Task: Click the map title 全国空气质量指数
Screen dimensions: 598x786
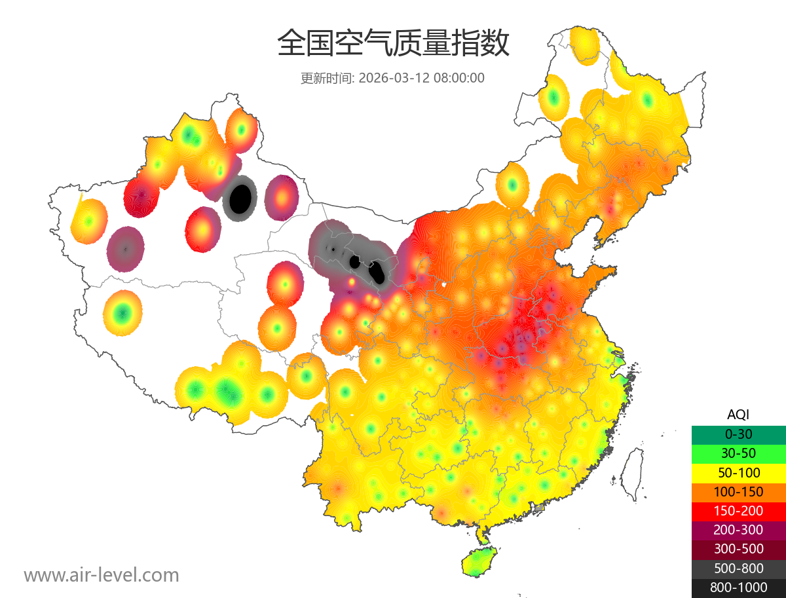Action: (x=393, y=44)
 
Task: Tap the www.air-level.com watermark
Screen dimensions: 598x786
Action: (x=102, y=575)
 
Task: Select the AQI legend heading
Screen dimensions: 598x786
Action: (x=738, y=415)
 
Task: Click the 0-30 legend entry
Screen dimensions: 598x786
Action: (x=738, y=434)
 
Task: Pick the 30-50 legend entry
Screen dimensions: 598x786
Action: (x=738, y=453)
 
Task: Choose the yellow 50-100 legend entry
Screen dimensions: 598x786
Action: (x=738, y=472)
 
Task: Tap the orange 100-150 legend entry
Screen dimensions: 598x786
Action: (x=738, y=491)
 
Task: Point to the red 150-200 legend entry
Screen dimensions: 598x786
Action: (x=738, y=511)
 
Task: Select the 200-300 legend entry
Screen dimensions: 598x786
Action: (x=738, y=530)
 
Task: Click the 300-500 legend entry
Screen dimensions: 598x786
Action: (x=738, y=549)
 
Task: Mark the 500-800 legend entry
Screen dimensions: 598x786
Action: (x=738, y=569)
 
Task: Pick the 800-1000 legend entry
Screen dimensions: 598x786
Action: (x=738, y=588)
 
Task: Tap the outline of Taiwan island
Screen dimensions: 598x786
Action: (x=631, y=473)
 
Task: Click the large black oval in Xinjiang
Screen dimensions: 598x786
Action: (x=240, y=198)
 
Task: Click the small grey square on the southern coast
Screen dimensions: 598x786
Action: (x=539, y=508)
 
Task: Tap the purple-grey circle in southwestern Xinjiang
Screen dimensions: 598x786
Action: (x=125, y=249)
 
